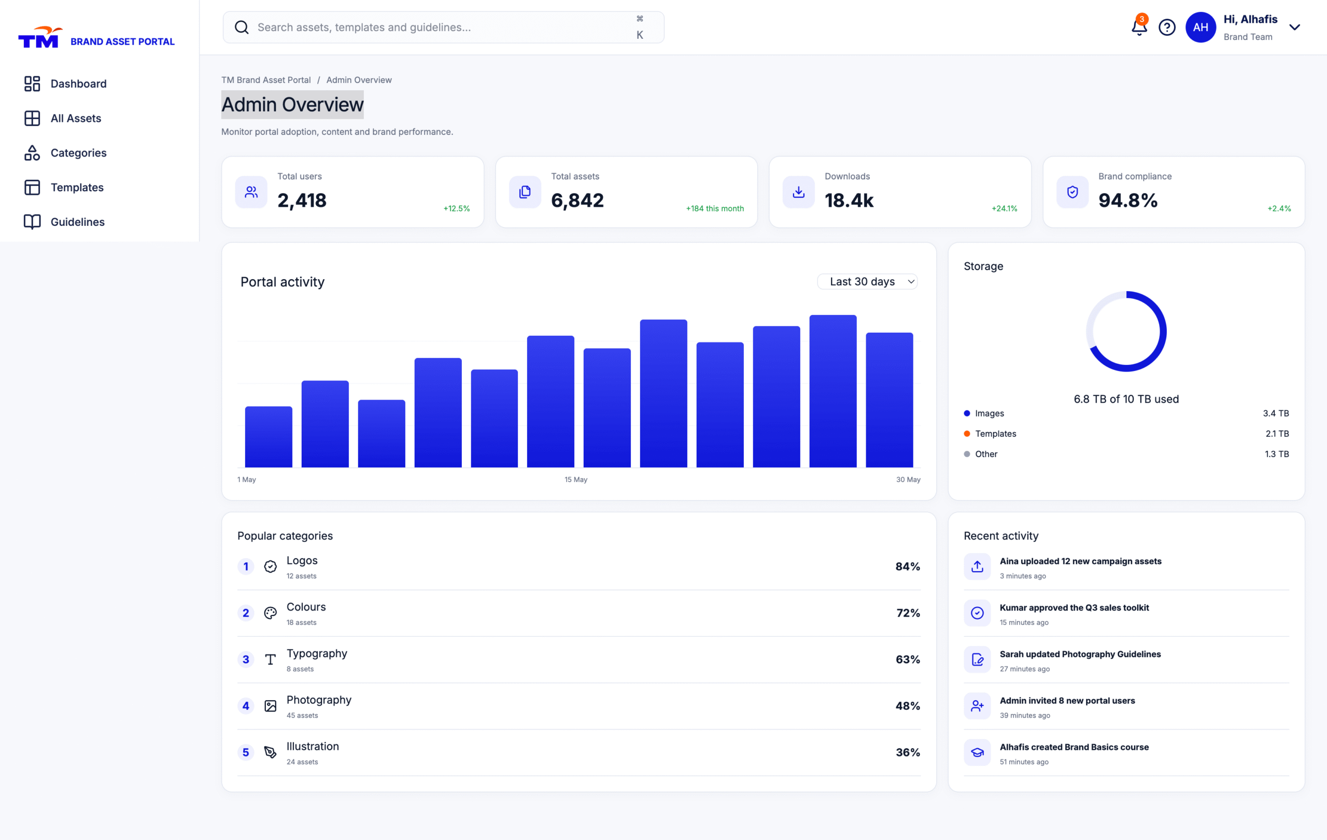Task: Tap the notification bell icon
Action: pyautogui.click(x=1138, y=27)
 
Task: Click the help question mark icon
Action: pyautogui.click(x=1167, y=27)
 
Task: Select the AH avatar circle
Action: pyautogui.click(x=1200, y=27)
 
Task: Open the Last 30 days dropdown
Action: pyautogui.click(x=867, y=281)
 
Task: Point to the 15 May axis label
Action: pyautogui.click(x=575, y=480)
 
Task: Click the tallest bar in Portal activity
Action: pyautogui.click(x=832, y=391)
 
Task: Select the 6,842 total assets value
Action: pyautogui.click(x=577, y=201)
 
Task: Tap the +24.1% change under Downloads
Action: pyautogui.click(x=1004, y=208)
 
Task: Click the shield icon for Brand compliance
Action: pyautogui.click(x=1072, y=192)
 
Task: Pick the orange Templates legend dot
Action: pyautogui.click(x=967, y=434)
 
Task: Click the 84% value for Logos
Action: pyautogui.click(x=907, y=566)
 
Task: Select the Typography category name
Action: pyautogui.click(x=317, y=654)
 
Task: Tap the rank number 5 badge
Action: pyautogui.click(x=246, y=752)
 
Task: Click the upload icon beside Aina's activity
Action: pyautogui.click(x=977, y=566)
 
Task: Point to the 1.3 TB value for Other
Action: pyautogui.click(x=1276, y=454)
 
